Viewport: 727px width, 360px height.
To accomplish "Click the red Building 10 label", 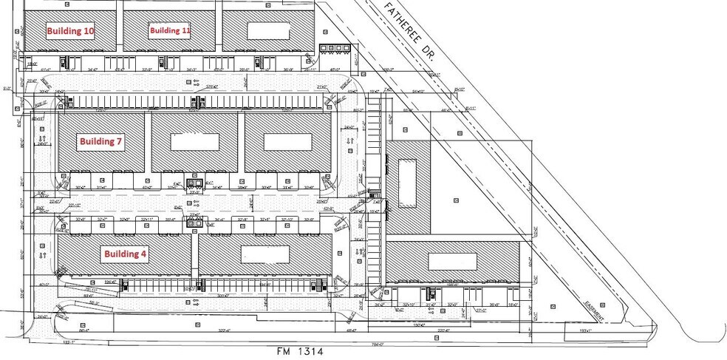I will [71, 31].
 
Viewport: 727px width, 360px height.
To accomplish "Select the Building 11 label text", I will [171, 30].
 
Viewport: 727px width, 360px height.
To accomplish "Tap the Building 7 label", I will [101, 141].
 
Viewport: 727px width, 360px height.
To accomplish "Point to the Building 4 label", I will [125, 254].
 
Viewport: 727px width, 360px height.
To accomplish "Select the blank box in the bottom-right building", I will [453, 261].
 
